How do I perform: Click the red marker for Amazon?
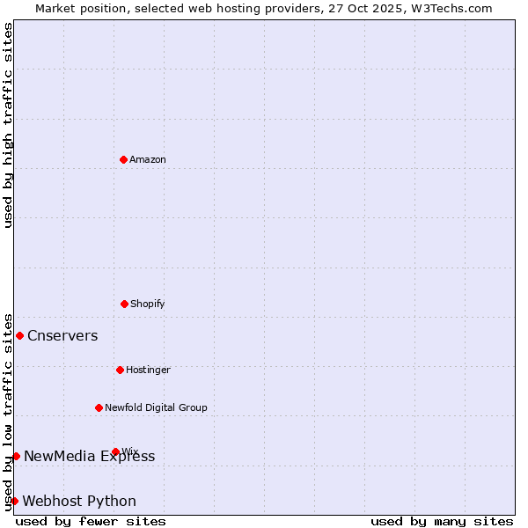click(123, 159)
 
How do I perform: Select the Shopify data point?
click(124, 304)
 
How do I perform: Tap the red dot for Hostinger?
click(120, 370)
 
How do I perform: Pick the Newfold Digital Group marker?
click(99, 407)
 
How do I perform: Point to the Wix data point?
click(115, 451)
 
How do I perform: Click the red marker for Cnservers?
click(19, 335)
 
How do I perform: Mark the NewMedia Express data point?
click(16, 456)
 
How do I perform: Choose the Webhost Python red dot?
click(14, 501)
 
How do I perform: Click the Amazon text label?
click(148, 159)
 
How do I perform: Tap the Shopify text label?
click(148, 304)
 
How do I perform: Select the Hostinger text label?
click(148, 370)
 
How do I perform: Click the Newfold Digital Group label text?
click(156, 407)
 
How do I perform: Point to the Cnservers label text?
click(62, 335)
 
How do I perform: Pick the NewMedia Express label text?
click(89, 456)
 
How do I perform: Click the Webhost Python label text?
click(79, 501)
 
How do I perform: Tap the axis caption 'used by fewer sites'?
click(91, 521)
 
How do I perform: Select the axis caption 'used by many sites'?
click(442, 521)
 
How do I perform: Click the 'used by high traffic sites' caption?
click(8, 125)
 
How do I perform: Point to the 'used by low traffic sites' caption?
click(8, 412)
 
